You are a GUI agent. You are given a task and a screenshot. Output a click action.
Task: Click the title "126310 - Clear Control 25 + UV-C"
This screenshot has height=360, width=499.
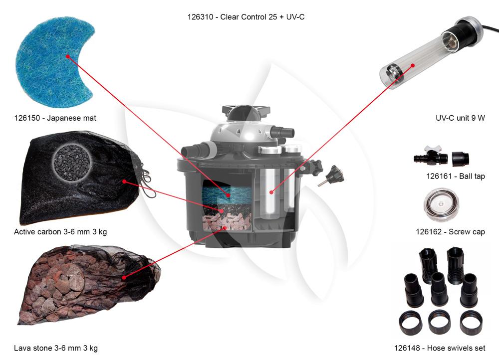click(x=246, y=17)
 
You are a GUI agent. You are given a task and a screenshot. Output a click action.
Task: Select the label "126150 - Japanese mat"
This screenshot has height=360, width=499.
click(x=55, y=118)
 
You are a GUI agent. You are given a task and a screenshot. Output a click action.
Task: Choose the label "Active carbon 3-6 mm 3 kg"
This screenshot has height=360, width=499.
click(x=60, y=232)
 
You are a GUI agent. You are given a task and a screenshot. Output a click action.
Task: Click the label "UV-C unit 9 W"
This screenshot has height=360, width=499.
click(x=460, y=118)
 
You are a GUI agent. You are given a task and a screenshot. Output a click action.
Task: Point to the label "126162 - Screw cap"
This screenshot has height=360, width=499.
click(x=450, y=232)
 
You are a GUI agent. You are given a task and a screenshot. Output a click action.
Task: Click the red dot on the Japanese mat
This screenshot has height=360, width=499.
click(x=68, y=57)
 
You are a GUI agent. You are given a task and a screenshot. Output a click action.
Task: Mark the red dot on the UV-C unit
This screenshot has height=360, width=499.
click(x=413, y=65)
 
